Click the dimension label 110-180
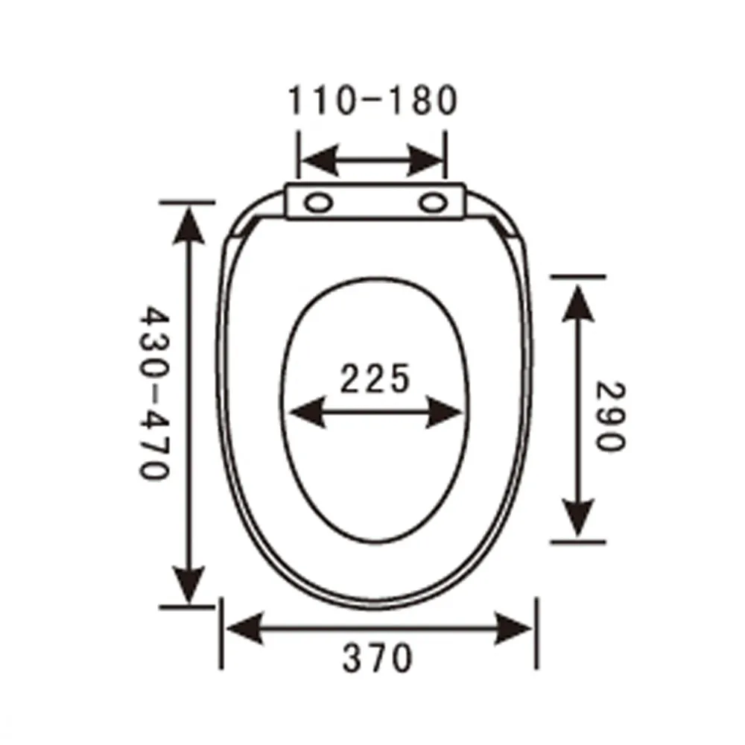(x=371, y=101)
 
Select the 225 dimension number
(x=375, y=379)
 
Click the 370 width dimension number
(x=377, y=659)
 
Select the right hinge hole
(x=431, y=202)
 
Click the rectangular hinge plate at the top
(x=376, y=203)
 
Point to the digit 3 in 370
(x=352, y=659)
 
